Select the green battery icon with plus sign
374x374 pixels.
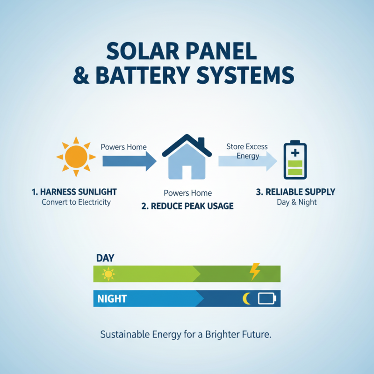295,161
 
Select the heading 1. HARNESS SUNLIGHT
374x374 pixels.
75,192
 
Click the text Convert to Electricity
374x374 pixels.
76,202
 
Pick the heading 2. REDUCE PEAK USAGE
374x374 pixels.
187,206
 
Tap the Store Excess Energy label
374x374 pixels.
247,151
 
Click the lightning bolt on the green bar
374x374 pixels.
255,272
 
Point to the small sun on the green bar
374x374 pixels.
108,274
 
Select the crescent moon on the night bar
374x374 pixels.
246,298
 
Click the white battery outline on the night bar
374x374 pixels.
267,298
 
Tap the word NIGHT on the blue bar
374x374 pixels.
112,298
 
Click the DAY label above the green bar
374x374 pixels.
105,258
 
